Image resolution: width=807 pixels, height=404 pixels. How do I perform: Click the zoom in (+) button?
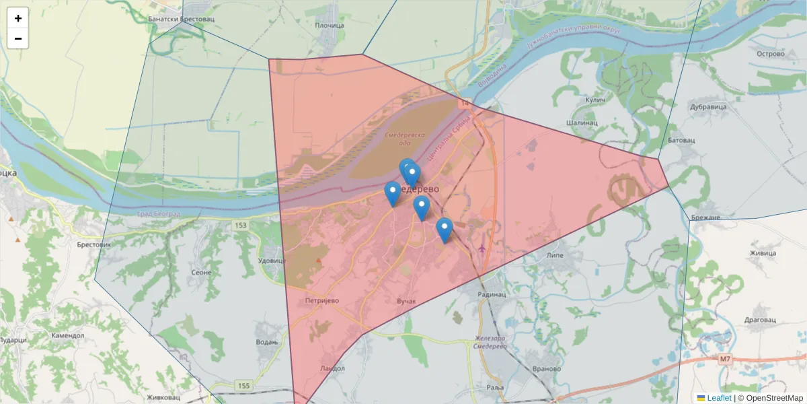18,18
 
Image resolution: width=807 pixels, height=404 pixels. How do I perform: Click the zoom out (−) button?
18,38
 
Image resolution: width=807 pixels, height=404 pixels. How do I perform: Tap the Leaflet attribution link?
719,398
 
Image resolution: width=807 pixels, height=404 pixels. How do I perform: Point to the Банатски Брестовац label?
176,20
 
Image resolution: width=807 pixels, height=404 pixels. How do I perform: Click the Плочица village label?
330,26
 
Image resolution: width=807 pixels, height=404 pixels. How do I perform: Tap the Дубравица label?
709,106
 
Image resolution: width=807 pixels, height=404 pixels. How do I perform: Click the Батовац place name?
681,140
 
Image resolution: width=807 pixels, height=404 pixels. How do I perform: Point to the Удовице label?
272,261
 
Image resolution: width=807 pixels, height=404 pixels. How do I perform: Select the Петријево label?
321,300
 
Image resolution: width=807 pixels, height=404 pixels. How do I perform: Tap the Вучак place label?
408,300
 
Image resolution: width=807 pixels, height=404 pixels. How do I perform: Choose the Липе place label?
555,257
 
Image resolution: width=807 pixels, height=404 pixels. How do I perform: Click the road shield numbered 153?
241,225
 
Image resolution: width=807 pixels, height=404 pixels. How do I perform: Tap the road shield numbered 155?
243,386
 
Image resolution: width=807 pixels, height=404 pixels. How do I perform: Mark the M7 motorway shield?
724,359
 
